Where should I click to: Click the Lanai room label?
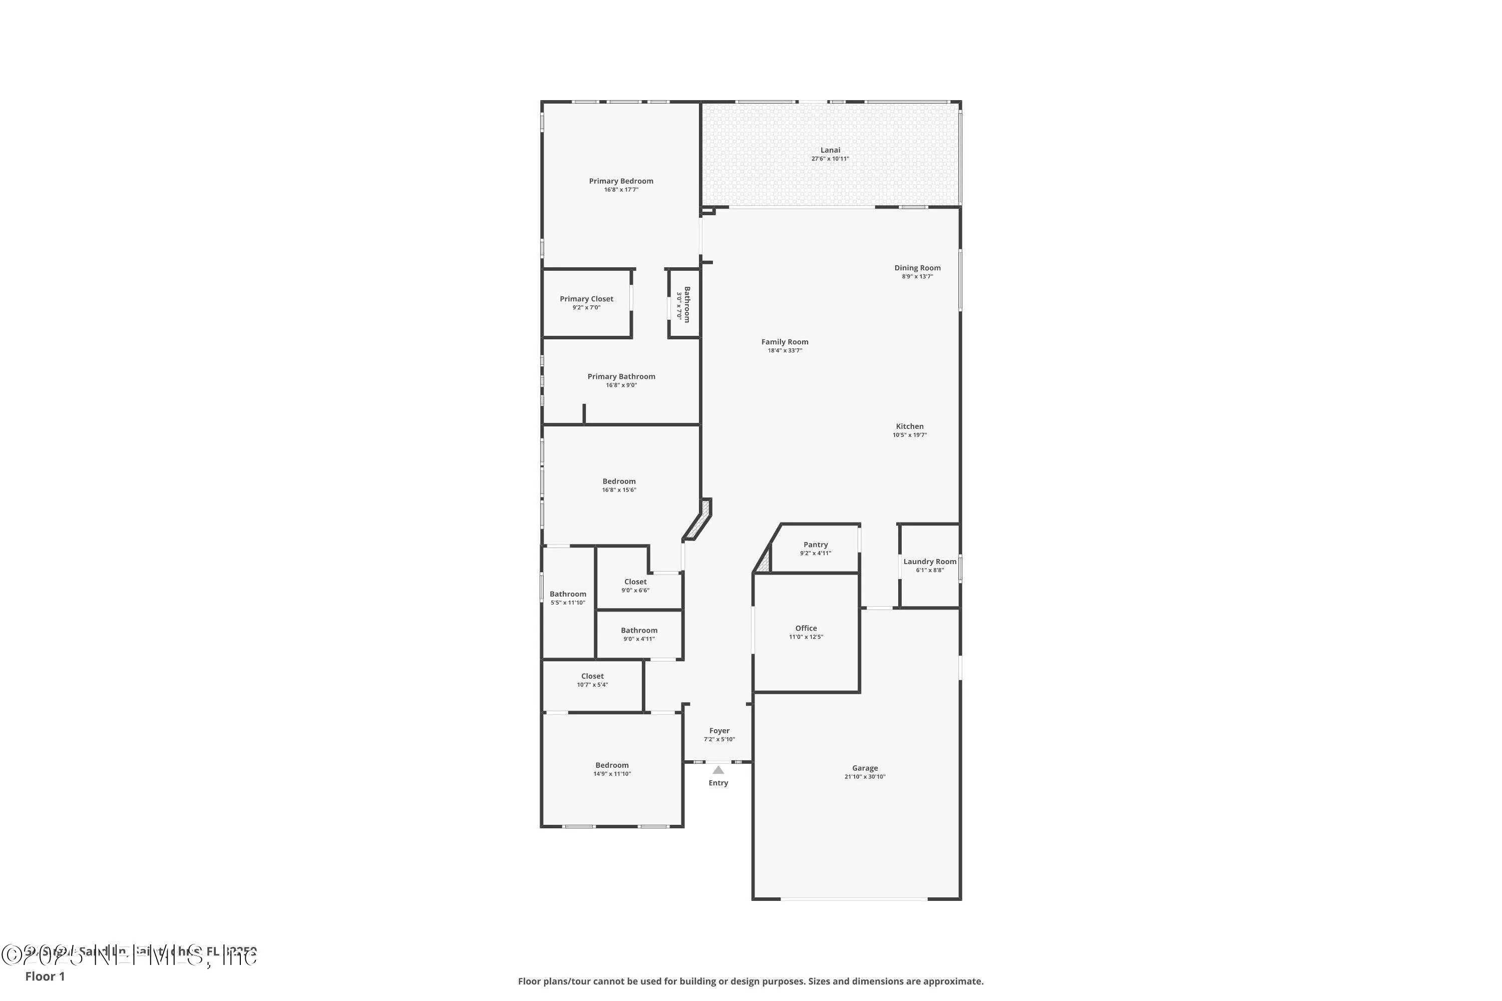pyautogui.click(x=830, y=150)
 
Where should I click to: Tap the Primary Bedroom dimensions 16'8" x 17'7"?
pyautogui.click(x=621, y=190)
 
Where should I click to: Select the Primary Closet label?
pyautogui.click(x=586, y=299)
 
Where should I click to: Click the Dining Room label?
pyautogui.click(x=917, y=268)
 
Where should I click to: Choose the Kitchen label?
pyautogui.click(x=909, y=426)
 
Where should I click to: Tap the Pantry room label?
pyautogui.click(x=816, y=545)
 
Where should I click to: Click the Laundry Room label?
pyautogui.click(x=929, y=562)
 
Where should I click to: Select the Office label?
pyautogui.click(x=806, y=628)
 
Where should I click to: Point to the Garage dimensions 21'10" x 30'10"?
pyautogui.click(x=865, y=777)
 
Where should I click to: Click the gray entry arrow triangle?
pyautogui.click(x=718, y=770)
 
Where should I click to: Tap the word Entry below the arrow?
pyautogui.click(x=718, y=783)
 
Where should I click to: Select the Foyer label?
pyautogui.click(x=719, y=731)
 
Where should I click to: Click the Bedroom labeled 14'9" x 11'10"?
pyautogui.click(x=612, y=765)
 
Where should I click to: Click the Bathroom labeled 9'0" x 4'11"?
pyautogui.click(x=639, y=630)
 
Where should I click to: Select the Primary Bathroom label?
pyautogui.click(x=621, y=377)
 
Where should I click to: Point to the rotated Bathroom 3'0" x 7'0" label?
pyautogui.click(x=687, y=304)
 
